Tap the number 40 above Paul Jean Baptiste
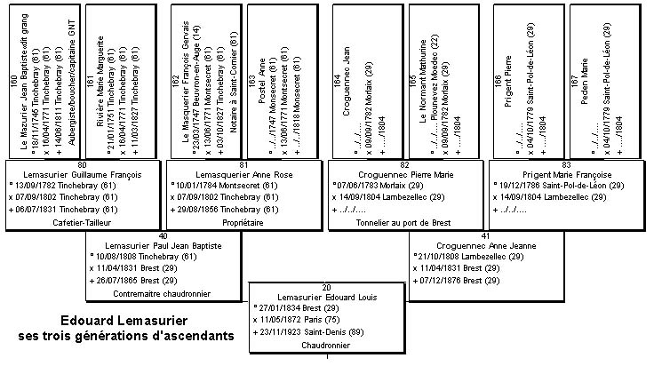163,236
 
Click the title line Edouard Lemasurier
124,321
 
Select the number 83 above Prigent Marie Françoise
566,163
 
